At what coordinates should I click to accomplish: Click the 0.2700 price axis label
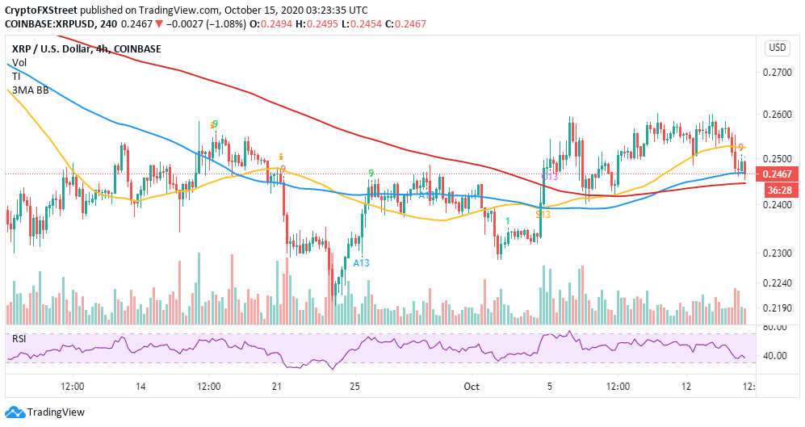tap(777, 72)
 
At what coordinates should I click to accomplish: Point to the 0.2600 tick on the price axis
tap(777, 115)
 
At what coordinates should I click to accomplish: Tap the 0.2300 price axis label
tap(777, 253)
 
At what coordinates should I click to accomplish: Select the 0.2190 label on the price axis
tap(777, 308)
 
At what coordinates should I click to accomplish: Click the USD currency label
tap(777, 48)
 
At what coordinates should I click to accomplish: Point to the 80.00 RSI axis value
tap(777, 327)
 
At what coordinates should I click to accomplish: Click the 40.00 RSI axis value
tap(777, 355)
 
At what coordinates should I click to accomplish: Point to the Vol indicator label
tap(19, 63)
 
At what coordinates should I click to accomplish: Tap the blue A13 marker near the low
tap(361, 262)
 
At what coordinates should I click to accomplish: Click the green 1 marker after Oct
tap(507, 220)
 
